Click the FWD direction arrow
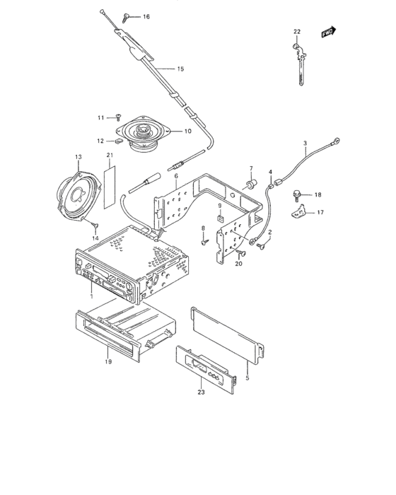(x=329, y=32)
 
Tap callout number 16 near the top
(x=146, y=16)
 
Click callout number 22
(x=297, y=32)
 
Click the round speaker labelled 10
(x=143, y=134)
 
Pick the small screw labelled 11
(x=118, y=117)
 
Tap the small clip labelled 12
(x=118, y=141)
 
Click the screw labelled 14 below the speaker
(x=95, y=226)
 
